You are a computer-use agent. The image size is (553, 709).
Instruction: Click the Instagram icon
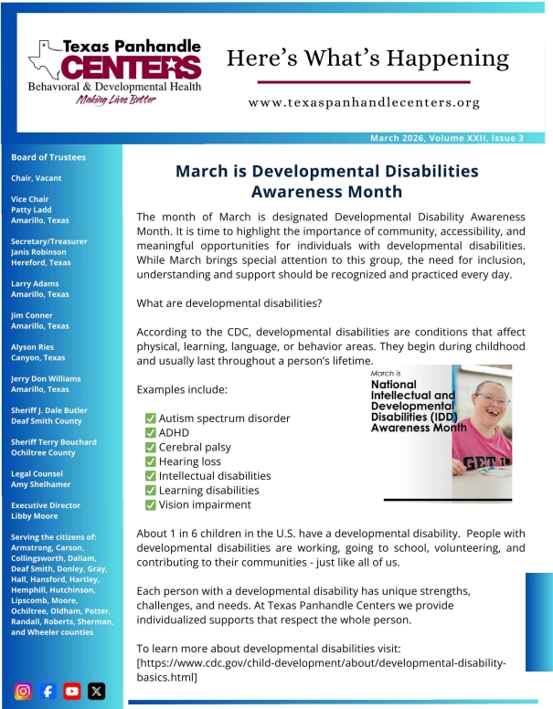[x=25, y=691]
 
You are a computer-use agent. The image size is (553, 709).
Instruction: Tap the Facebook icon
[x=48, y=691]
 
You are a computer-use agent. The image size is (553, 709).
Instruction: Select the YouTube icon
[x=72, y=691]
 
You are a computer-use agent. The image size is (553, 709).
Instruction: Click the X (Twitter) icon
[x=96, y=691]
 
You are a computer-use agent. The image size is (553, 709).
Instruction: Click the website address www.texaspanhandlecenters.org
[x=364, y=102]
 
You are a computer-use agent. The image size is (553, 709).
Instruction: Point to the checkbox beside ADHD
[x=150, y=433]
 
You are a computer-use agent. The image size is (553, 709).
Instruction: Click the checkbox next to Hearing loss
[x=150, y=461]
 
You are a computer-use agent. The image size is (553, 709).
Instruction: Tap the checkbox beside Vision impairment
[x=150, y=504]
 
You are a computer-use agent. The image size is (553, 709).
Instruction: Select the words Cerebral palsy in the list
[x=195, y=448]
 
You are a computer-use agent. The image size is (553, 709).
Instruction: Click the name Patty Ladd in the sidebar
[x=32, y=210]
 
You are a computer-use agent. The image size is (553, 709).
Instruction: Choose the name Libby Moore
[x=35, y=516]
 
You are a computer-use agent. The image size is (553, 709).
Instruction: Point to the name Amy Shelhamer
[x=42, y=484]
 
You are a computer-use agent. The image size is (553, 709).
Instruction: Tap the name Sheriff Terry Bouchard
[x=53, y=442]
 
